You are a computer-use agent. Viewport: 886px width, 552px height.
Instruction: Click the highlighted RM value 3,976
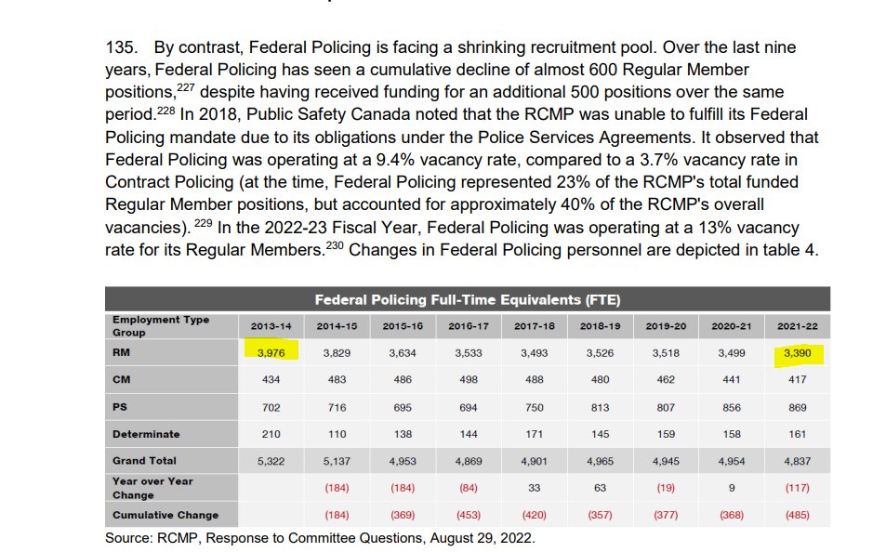coord(271,353)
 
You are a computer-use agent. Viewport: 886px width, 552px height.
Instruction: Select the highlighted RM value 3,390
coord(797,353)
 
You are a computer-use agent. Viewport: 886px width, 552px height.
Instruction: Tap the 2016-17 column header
coord(469,326)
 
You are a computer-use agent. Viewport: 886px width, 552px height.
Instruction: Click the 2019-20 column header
coord(667,326)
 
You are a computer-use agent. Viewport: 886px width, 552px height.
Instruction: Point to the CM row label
coord(121,380)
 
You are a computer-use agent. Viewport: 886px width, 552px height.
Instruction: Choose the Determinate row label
coord(146,434)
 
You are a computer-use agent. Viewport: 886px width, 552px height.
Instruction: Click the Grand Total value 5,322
coord(271,461)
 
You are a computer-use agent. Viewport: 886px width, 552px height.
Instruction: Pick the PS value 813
coord(601,407)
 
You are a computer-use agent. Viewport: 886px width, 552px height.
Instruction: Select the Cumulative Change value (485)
coord(798,515)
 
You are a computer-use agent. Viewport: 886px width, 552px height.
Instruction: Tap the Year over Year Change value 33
coord(535,488)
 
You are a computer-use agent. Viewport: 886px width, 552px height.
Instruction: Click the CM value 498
coord(469,380)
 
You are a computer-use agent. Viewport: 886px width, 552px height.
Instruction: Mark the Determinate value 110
coord(337,434)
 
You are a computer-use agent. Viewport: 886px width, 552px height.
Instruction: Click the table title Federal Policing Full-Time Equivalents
coord(467,299)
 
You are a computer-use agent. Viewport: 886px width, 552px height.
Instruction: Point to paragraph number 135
coord(124,47)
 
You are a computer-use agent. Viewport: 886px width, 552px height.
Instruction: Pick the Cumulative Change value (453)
coord(469,515)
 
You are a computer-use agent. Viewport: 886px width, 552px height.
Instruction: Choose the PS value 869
coord(798,407)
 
